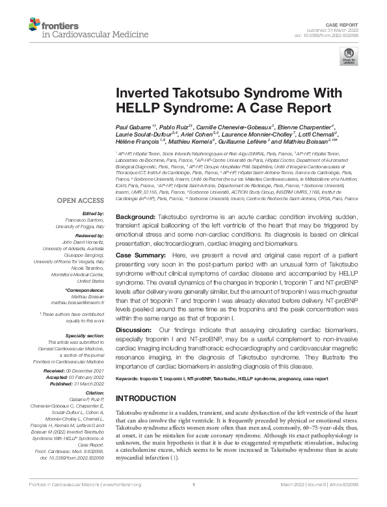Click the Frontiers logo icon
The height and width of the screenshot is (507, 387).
pos(34,25)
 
